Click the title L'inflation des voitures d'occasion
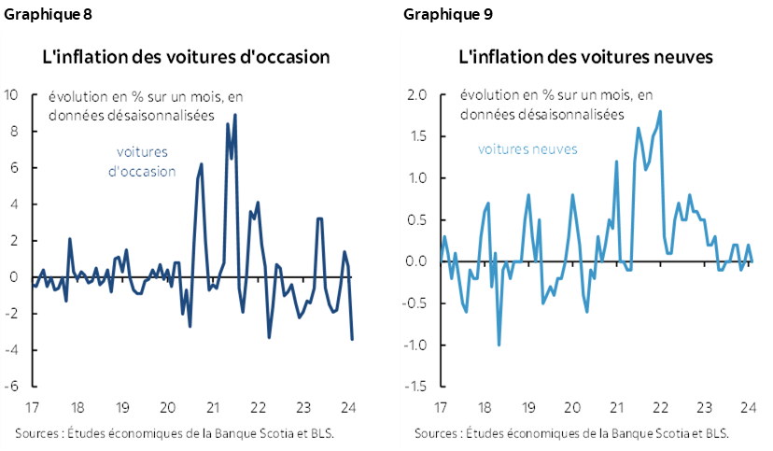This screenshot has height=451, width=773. pyautogui.click(x=187, y=57)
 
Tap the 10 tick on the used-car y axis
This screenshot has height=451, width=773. pyautogui.click(x=12, y=94)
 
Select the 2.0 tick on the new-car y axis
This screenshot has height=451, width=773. pyautogui.click(x=417, y=94)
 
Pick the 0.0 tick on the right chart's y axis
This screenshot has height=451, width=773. pyautogui.click(x=417, y=261)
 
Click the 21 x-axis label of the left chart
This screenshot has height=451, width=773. pyautogui.click(x=212, y=407)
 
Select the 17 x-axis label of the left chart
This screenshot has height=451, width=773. pyautogui.click(x=32, y=407)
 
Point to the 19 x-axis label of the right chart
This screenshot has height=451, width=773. pyautogui.click(x=528, y=407)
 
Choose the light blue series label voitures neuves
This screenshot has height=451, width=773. pyautogui.click(x=527, y=148)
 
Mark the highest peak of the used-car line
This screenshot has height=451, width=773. pyautogui.click(x=235, y=115)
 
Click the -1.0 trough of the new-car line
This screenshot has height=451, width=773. pyautogui.click(x=499, y=345)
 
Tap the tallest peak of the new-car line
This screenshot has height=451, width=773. pyautogui.click(x=660, y=112)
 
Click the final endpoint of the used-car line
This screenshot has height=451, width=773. pyautogui.click(x=352, y=339)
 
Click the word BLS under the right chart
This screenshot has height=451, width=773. pyautogui.click(x=715, y=433)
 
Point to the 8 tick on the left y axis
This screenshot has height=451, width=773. pyautogui.click(x=14, y=132)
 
